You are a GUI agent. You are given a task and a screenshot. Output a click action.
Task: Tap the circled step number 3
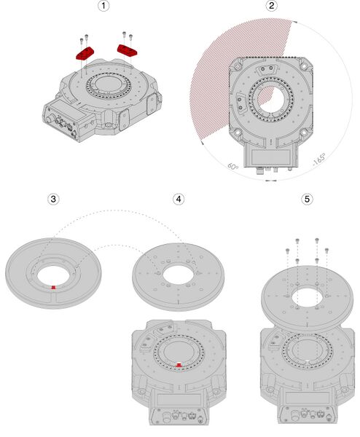point(52,198)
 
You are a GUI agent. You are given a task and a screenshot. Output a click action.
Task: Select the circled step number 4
point(179,198)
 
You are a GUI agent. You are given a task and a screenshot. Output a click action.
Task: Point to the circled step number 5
point(307,198)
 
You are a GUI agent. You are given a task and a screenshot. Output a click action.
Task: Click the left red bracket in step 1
point(85,52)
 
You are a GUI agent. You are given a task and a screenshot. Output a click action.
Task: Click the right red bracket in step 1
point(128,50)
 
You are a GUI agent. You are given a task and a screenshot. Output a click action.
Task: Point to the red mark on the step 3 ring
point(53,287)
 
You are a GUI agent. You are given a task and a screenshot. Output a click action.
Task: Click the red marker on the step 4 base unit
point(179,363)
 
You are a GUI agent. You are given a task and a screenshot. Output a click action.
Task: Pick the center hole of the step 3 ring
point(53,273)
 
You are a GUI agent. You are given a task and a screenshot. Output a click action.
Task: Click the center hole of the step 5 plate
point(307,299)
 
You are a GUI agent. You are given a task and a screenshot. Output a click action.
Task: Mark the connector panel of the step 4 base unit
point(179,416)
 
